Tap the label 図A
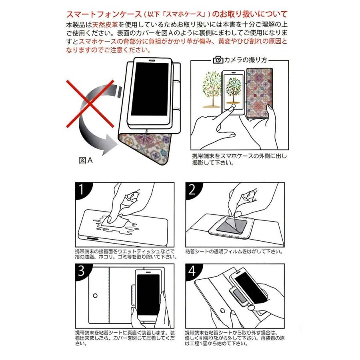click(x=86, y=160)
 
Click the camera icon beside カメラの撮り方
click(x=218, y=60)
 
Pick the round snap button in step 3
click(x=95, y=296)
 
